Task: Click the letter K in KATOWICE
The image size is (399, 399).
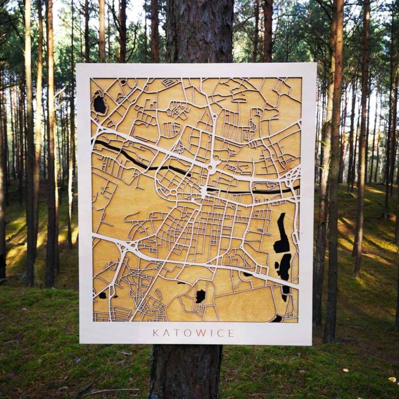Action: point(156,333)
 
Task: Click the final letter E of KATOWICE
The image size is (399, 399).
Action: point(231,333)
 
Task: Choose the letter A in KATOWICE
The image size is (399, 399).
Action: point(166,333)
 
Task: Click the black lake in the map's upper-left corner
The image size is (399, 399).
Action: point(100,104)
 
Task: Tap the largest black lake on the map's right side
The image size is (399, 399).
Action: point(282,235)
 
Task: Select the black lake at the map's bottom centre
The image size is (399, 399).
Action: point(201,296)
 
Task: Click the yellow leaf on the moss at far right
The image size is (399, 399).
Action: point(392,378)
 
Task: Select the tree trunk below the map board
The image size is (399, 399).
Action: point(186,370)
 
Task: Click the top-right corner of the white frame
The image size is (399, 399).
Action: point(315,64)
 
